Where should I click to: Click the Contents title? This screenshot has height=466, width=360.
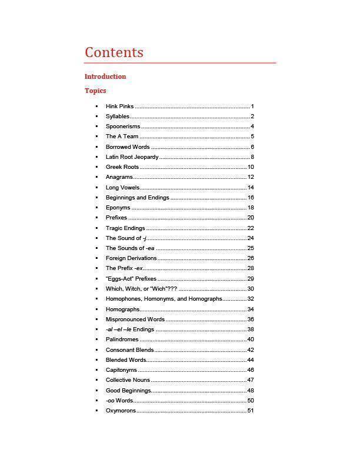click(x=114, y=52)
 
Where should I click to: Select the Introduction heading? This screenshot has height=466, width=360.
click(x=105, y=76)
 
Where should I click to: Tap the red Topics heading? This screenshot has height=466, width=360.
click(x=95, y=91)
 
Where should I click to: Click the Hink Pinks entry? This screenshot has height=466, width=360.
click(x=120, y=106)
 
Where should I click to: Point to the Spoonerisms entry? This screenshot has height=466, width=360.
click(x=123, y=127)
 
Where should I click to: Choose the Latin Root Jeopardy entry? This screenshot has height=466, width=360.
click(x=132, y=157)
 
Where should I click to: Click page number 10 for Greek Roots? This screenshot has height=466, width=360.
click(x=251, y=167)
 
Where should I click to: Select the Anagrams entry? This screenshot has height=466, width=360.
click(x=119, y=177)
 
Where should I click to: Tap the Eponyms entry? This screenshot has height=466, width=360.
click(x=118, y=208)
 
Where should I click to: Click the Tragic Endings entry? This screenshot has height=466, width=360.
click(x=125, y=228)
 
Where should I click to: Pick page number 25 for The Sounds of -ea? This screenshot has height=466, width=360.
click(x=251, y=248)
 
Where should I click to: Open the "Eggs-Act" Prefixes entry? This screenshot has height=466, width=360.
click(x=131, y=279)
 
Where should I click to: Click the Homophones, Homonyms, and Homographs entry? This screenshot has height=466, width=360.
click(x=164, y=299)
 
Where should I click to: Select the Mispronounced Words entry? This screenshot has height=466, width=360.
click(x=135, y=319)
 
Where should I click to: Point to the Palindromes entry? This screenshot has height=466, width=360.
click(x=122, y=339)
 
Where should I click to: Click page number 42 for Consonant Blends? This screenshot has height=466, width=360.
click(x=251, y=350)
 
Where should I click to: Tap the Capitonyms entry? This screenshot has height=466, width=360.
click(x=121, y=370)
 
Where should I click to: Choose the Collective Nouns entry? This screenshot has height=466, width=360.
click(x=128, y=380)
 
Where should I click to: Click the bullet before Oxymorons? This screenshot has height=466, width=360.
click(x=96, y=411)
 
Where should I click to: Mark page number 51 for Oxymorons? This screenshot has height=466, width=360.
click(x=251, y=411)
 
